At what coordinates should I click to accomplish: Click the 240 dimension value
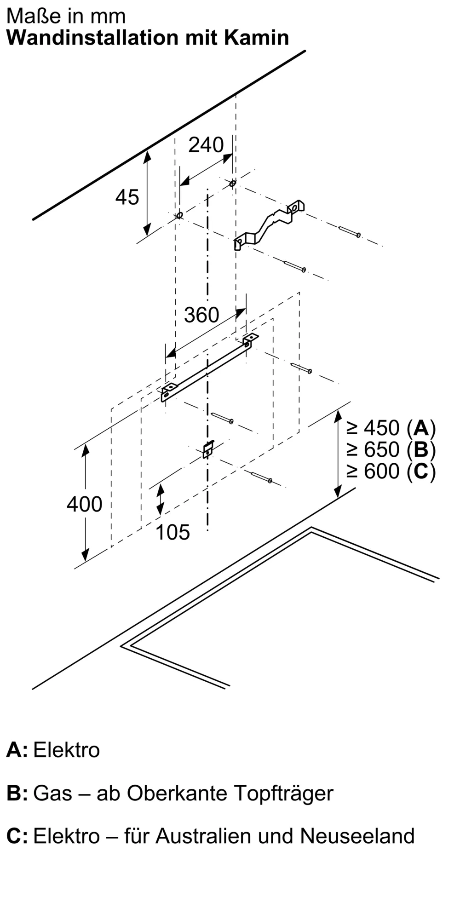[x=206, y=145]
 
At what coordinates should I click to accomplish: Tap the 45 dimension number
[x=127, y=197]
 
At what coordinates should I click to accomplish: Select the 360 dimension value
[x=201, y=316]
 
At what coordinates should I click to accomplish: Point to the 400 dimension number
[x=84, y=505]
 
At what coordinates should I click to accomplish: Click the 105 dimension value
[x=172, y=533]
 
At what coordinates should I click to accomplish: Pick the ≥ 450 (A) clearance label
[x=391, y=428]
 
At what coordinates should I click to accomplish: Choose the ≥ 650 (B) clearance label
[x=391, y=449]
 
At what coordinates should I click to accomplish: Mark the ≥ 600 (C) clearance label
[x=391, y=471]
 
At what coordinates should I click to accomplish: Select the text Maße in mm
[x=66, y=17]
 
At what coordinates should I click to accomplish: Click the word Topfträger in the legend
[x=283, y=793]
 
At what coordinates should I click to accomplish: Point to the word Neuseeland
[x=357, y=836]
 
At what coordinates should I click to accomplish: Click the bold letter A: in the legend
[x=17, y=750]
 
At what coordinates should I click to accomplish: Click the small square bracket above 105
[x=208, y=449]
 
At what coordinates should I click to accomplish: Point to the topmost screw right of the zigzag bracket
[x=350, y=231]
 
